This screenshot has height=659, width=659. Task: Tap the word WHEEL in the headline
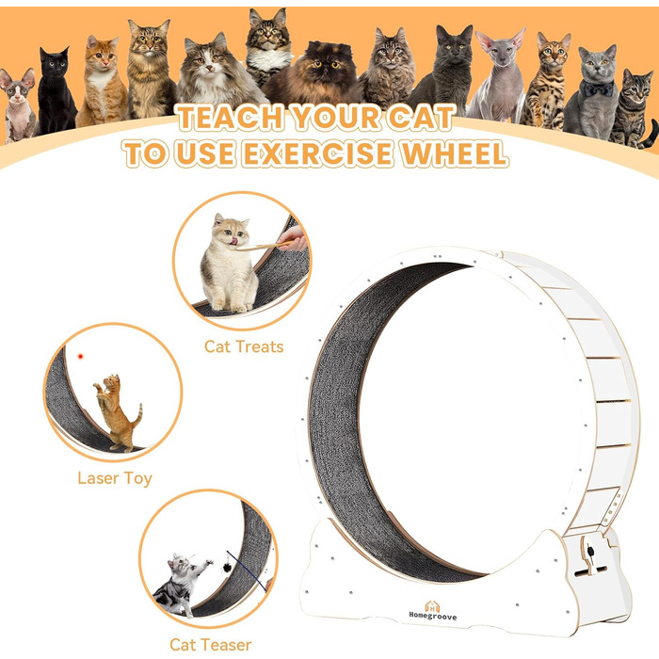pyautogui.click(x=455, y=153)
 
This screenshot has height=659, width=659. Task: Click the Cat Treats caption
pyautogui.click(x=244, y=346)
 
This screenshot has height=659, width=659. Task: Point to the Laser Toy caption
pyautogui.click(x=115, y=478)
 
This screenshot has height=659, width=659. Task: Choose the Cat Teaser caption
pyautogui.click(x=210, y=645)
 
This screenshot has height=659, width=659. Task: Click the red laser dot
pyautogui.click(x=80, y=357)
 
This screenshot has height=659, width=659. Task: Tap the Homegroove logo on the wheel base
pyautogui.click(x=432, y=611)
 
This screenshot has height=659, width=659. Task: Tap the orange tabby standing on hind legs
pyautogui.click(x=118, y=413)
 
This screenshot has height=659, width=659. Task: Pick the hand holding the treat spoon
pyautogui.click(x=293, y=238)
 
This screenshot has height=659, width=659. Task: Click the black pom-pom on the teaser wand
pyautogui.click(x=228, y=568)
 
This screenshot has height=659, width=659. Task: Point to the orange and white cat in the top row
pyautogui.click(x=102, y=82)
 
